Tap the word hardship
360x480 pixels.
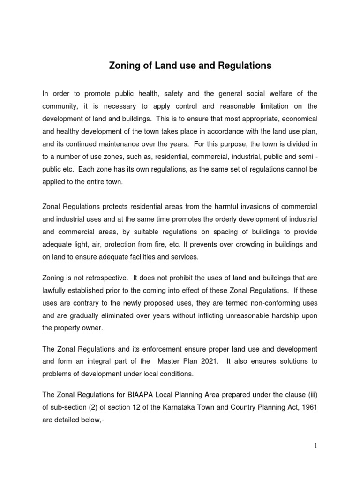click(285, 316)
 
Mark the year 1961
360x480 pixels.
click(309, 407)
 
